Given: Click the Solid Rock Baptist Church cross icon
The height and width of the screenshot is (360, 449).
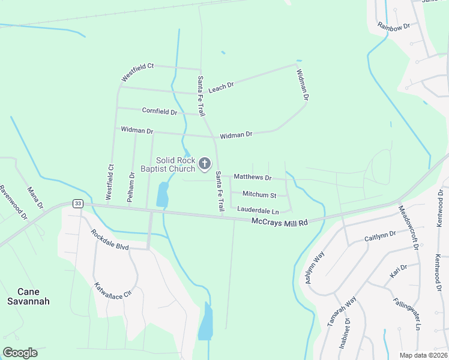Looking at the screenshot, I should (205, 163).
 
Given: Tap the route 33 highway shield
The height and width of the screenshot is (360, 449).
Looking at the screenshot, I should (77, 204).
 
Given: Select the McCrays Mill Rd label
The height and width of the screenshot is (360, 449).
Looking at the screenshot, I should (279, 222).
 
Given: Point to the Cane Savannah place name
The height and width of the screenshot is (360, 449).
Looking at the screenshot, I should (25, 296).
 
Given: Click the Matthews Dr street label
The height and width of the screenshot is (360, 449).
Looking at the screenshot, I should (252, 178).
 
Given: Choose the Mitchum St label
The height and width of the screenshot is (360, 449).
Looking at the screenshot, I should (259, 195).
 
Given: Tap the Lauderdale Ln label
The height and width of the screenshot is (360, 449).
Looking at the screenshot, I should (258, 211).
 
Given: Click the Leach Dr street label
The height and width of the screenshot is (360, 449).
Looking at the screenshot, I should (221, 88).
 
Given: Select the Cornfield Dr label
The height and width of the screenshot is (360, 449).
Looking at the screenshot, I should (160, 111).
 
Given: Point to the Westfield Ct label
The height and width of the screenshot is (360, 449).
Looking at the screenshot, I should (137, 73).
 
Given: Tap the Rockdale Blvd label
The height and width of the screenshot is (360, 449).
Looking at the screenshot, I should (110, 240).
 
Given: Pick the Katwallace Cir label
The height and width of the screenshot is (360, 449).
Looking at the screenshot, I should (112, 291).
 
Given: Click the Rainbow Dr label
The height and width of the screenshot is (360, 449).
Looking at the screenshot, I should (393, 26).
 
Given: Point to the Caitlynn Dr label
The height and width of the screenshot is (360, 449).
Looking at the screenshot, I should (380, 237).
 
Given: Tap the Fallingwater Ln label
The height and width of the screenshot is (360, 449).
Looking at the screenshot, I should (408, 314).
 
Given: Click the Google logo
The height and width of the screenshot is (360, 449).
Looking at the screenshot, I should (20, 353).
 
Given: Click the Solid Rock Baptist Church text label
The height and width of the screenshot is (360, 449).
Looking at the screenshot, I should (167, 164).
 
